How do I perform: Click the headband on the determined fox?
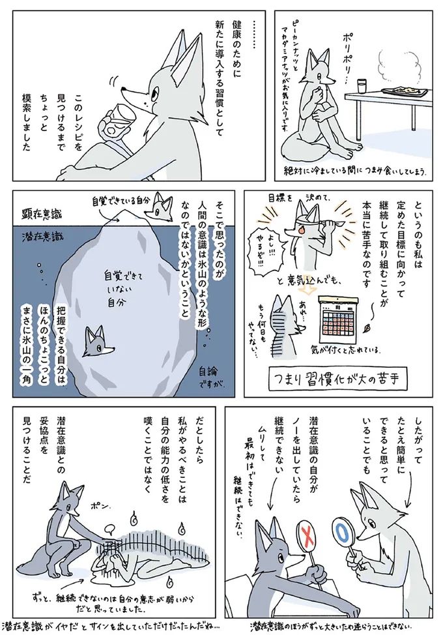(x=306, y=222)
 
